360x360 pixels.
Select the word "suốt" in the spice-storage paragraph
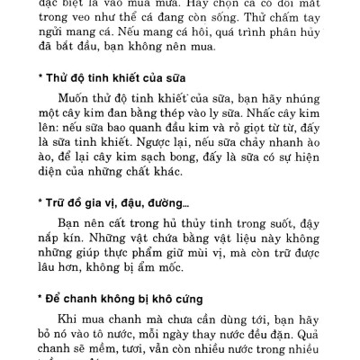tap(258, 241)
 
